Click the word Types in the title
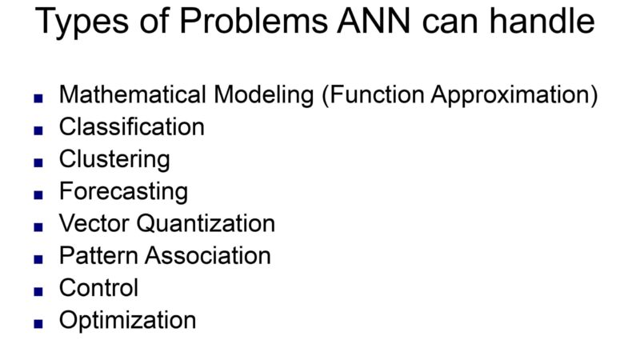(82, 22)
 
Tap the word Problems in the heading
(254, 21)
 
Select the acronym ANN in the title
(374, 21)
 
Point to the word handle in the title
(542, 21)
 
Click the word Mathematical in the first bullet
(132, 94)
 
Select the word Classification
(132, 127)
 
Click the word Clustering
(114, 160)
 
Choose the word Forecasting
(124, 192)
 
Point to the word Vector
(94, 224)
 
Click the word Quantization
(206, 224)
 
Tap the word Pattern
(98, 256)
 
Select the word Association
(208, 256)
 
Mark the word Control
(98, 288)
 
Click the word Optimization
(128, 321)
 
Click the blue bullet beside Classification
(38, 130)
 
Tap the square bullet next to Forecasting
(38, 194)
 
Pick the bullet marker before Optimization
(38, 324)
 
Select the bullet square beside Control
(38, 291)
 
